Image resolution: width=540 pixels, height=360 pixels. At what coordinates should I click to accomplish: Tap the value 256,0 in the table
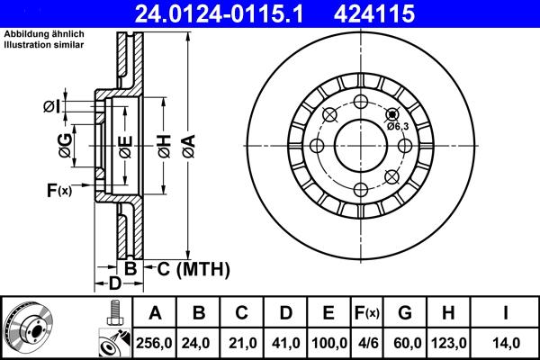click(x=155, y=343)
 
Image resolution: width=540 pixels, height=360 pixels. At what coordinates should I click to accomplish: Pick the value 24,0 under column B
click(x=200, y=343)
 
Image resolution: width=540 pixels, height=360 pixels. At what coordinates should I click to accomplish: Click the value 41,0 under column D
click(x=286, y=343)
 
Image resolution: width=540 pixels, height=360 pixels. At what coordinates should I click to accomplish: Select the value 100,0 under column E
click(x=329, y=343)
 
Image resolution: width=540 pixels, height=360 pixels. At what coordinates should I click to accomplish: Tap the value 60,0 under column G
click(x=406, y=343)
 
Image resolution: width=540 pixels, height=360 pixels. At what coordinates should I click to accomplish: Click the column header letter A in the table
click(x=155, y=313)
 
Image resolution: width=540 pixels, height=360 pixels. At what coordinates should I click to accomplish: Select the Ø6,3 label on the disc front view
click(x=398, y=126)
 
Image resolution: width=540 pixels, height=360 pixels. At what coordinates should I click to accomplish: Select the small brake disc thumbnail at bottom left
click(x=28, y=328)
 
